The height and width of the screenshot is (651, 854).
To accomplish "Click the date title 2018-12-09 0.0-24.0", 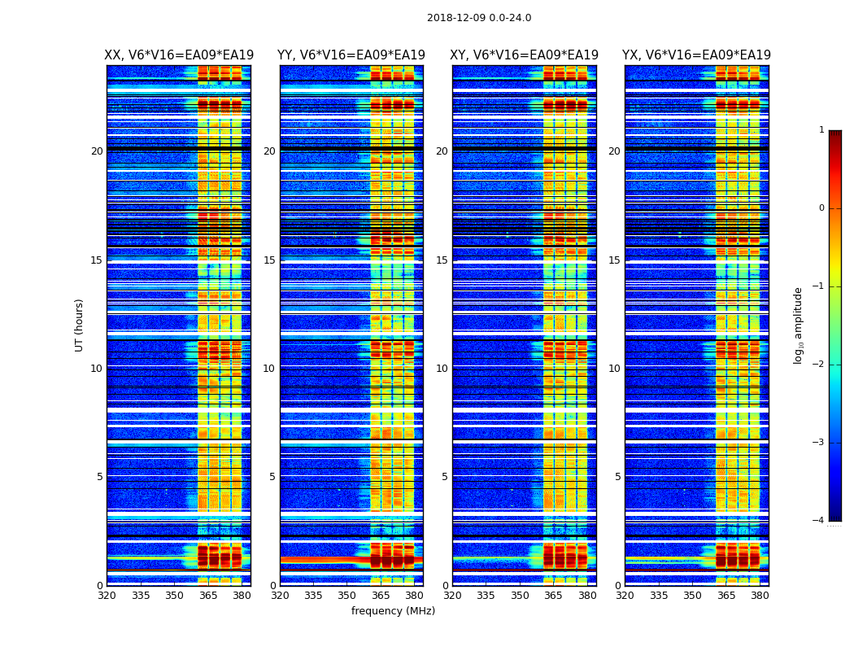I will (x=479, y=18).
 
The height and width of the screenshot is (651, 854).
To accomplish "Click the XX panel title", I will (x=179, y=55).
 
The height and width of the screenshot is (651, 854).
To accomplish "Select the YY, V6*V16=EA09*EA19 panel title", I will (x=351, y=55).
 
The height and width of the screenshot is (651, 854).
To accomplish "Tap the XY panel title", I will (x=525, y=55).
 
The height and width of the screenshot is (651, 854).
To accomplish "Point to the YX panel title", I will (x=696, y=55).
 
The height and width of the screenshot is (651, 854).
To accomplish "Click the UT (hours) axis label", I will (x=79, y=325).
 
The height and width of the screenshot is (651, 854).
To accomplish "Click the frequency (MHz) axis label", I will (x=393, y=611).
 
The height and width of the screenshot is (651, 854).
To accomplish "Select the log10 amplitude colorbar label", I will (x=799, y=325).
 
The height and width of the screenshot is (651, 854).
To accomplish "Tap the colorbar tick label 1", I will (x=821, y=130).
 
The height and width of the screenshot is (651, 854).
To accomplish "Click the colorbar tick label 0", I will (x=821, y=208).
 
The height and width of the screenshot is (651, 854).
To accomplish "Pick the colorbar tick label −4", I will (x=819, y=521).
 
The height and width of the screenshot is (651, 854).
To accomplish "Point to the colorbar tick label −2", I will (x=819, y=365).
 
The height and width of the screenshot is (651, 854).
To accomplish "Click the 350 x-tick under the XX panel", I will (x=174, y=595).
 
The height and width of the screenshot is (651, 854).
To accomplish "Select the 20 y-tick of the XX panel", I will (x=97, y=151).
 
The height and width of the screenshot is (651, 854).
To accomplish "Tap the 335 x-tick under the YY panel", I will (x=313, y=595).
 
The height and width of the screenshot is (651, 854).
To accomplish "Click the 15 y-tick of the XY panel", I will (x=442, y=260).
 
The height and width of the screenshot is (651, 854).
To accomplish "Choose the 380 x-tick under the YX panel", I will (x=760, y=595).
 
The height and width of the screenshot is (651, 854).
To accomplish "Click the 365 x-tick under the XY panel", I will (x=554, y=595).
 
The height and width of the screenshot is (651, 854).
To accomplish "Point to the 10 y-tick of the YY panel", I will (x=269, y=369).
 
